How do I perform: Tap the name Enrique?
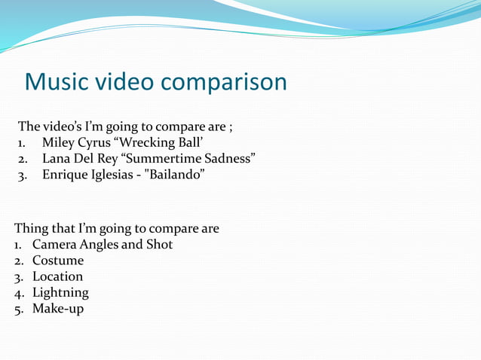pyautogui.click(x=66, y=175)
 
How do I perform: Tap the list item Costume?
pyautogui.click(x=58, y=261)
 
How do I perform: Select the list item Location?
pyautogui.click(x=57, y=276)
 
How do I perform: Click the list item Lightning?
pyautogui.click(x=60, y=293)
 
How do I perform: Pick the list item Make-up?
pyautogui.click(x=58, y=309)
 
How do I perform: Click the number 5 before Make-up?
pyautogui.click(x=18, y=310)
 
